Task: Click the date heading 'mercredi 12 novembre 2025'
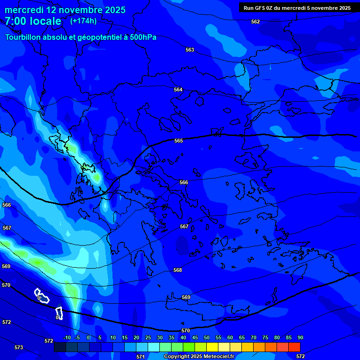(x=65, y=10)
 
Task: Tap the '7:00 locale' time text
(x=33, y=21)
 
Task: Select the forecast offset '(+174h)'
(x=83, y=21)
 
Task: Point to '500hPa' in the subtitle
(x=143, y=37)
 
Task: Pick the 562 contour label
(x=255, y=22)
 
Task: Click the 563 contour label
(x=190, y=50)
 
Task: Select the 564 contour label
(x=178, y=90)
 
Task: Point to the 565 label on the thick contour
(x=179, y=141)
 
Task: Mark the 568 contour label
(x=178, y=270)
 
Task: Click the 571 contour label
(x=140, y=357)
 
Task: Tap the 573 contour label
(x=19, y=347)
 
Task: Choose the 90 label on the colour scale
(x=300, y=338)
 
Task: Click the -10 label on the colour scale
(x=67, y=338)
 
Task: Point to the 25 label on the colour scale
(x=148, y=338)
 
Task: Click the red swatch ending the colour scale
(x=294, y=347)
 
